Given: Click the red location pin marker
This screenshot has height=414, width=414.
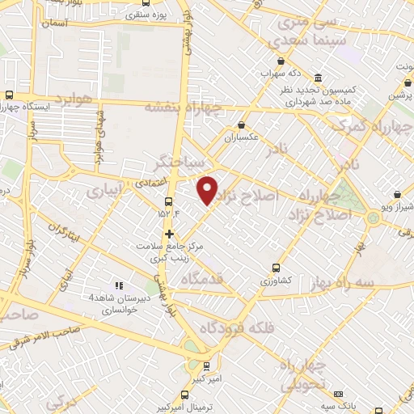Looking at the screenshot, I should pyautogui.click(x=208, y=190).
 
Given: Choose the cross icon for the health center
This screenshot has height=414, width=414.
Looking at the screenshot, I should pyautogui.click(x=168, y=234).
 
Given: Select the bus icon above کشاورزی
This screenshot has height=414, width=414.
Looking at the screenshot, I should pyautogui.click(x=276, y=267).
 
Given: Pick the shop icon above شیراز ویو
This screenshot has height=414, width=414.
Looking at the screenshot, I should pyautogui.click(x=398, y=194).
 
